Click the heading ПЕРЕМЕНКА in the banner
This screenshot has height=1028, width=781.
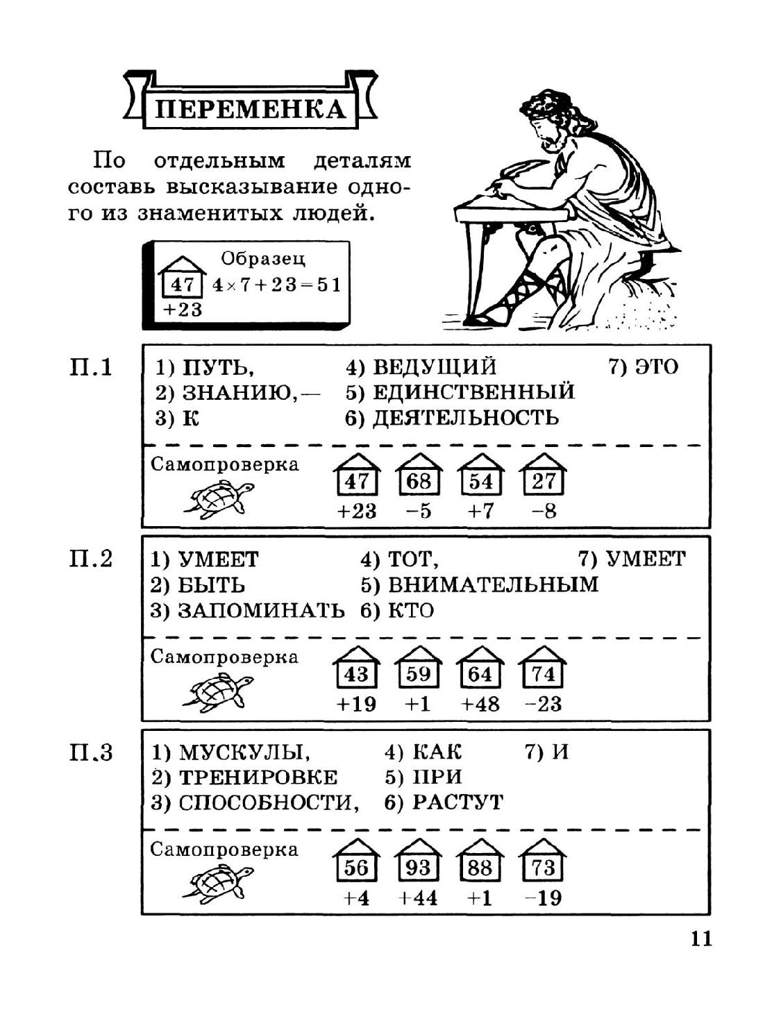(x=249, y=109)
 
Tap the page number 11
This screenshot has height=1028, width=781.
(x=701, y=938)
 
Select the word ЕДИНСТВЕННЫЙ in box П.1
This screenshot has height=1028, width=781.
(x=473, y=392)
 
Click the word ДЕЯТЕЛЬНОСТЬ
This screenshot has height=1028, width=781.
(x=465, y=418)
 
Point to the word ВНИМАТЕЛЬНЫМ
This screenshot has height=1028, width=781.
(x=492, y=584)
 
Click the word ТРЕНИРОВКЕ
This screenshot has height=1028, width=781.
(x=258, y=777)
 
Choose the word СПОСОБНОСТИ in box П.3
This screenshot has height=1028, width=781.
(x=268, y=802)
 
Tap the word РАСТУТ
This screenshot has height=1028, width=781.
(x=457, y=802)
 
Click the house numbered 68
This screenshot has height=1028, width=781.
(x=419, y=477)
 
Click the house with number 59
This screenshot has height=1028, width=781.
(x=419, y=670)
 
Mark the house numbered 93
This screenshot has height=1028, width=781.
(x=418, y=863)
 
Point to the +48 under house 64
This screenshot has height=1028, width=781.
(x=480, y=705)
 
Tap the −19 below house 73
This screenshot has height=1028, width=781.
(x=543, y=898)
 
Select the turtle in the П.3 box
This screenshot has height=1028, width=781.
(x=217, y=884)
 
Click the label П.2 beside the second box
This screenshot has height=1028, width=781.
(x=91, y=559)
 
